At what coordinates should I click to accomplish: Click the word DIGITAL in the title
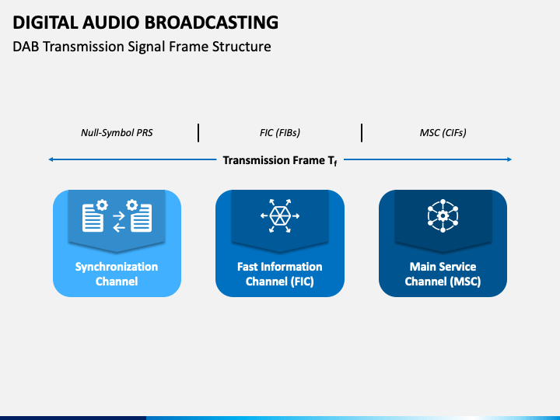click(x=45, y=22)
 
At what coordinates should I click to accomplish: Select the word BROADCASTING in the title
click(x=212, y=22)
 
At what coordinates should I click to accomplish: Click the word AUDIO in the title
click(x=111, y=22)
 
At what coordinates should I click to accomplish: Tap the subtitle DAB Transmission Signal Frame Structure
click(x=142, y=47)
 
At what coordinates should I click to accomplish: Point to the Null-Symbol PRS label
click(x=117, y=133)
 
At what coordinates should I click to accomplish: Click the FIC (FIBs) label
click(x=280, y=133)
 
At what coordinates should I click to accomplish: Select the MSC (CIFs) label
click(x=443, y=133)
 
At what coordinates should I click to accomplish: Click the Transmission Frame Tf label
click(x=280, y=161)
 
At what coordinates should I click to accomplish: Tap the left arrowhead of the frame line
click(x=51, y=159)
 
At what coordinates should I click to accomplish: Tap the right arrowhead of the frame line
click(x=509, y=159)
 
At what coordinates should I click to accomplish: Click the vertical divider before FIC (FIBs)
click(x=198, y=133)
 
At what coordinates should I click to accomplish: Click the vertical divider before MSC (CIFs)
click(x=362, y=133)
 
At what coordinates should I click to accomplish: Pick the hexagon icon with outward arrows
click(x=280, y=215)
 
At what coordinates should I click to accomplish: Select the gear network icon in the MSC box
click(x=443, y=215)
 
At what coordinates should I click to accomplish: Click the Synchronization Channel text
click(x=117, y=274)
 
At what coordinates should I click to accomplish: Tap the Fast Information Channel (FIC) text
click(x=280, y=274)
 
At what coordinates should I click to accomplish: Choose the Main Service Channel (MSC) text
click(x=443, y=274)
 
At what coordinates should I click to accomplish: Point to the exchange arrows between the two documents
click(x=119, y=222)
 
